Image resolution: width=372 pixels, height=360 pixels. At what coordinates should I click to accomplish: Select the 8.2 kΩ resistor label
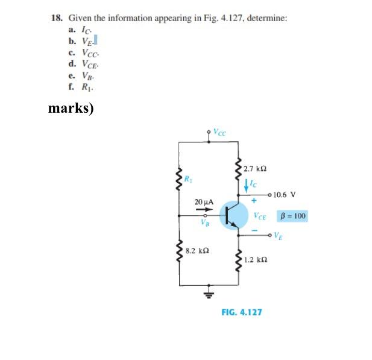pos(198,249)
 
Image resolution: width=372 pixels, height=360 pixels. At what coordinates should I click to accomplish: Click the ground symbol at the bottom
pos(210,294)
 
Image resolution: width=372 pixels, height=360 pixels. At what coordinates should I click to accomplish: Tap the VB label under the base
pos(205,223)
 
